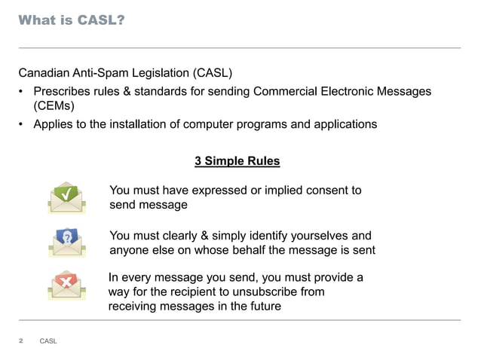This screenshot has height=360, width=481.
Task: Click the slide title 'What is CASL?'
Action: pos(71,20)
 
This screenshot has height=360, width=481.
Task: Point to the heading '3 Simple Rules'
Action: pos(237,162)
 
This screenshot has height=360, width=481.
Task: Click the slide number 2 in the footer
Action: pos(21,341)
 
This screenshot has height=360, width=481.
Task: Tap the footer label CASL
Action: pos(48,342)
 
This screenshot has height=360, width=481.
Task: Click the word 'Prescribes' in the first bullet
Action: pos(62,92)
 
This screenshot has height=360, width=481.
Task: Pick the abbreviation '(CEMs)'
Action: pos(53,107)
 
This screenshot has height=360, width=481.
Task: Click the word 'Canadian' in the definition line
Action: pos(44,74)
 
